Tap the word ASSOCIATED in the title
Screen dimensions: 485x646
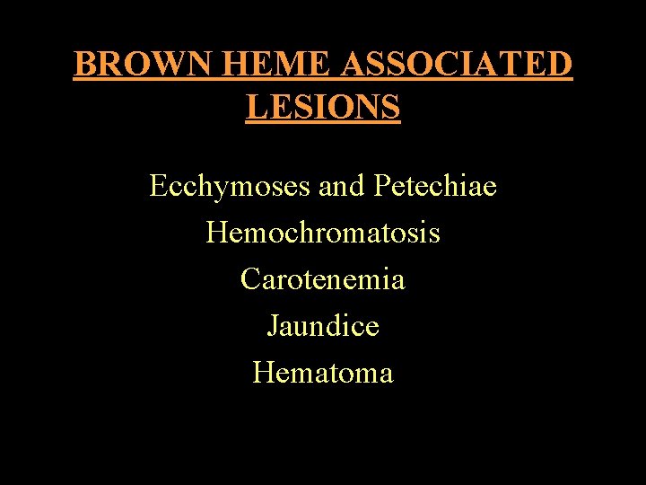(x=457, y=65)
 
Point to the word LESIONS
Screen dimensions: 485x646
(x=323, y=107)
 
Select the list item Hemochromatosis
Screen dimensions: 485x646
(x=323, y=233)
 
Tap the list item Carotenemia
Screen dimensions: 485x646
(x=323, y=279)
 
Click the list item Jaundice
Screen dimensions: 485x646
(x=323, y=325)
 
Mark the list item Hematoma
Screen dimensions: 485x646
(x=323, y=371)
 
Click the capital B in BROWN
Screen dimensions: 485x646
(x=84, y=65)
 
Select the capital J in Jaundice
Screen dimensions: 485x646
(x=273, y=325)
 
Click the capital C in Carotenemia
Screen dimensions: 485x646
(x=250, y=279)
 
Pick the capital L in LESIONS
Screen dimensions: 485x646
(x=256, y=107)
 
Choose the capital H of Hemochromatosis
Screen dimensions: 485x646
(x=217, y=233)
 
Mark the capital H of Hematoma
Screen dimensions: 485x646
(x=264, y=371)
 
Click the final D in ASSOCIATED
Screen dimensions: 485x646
(x=559, y=65)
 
